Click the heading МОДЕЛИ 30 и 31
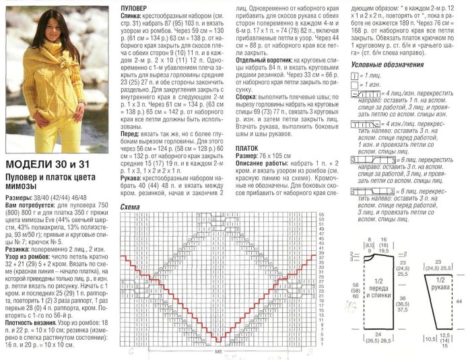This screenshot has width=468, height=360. [48, 164]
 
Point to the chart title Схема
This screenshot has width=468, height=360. [130, 207]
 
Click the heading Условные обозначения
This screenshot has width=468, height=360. [388, 64]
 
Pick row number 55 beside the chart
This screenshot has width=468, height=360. [321, 214]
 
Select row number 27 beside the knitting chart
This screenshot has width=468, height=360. [321, 281]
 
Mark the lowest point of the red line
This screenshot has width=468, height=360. [218, 339]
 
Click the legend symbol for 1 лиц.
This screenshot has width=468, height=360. [354, 77]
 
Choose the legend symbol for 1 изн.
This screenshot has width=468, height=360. [354, 85]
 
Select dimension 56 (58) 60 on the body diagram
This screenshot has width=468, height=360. [354, 289]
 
